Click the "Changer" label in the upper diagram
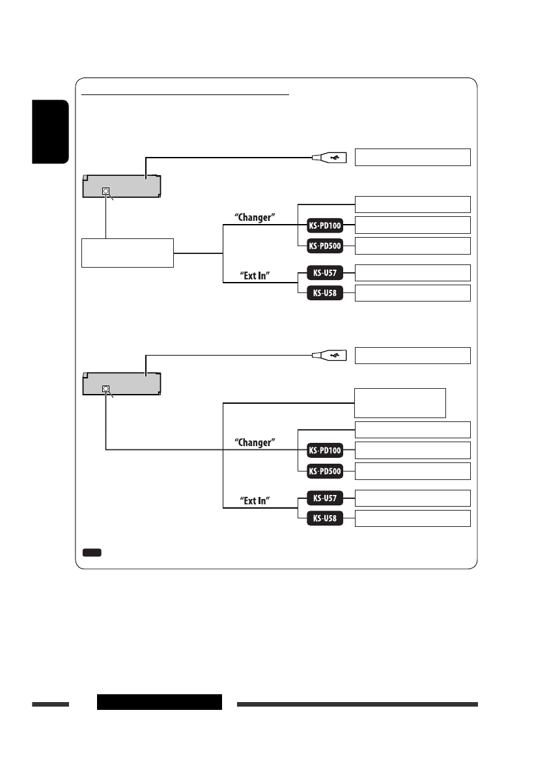point(256,217)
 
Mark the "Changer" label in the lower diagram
point(256,442)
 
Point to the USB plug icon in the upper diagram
point(331,157)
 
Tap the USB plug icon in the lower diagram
point(331,356)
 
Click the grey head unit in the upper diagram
point(122,186)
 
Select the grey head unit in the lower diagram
point(122,384)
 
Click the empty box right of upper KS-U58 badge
point(412,293)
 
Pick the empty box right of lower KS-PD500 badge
point(412,471)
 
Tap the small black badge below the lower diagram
point(92,553)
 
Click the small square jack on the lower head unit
point(106,389)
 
